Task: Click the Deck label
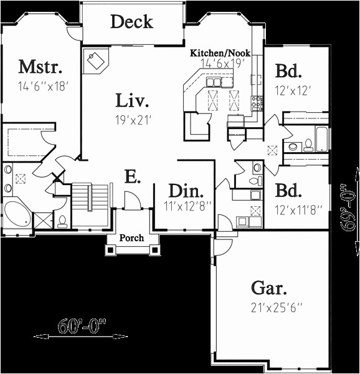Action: click(131, 22)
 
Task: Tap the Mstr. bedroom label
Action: click(40, 65)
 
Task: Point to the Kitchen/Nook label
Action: click(220, 54)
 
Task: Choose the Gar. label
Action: click(269, 288)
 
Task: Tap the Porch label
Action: click(131, 237)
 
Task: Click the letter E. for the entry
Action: click(131, 178)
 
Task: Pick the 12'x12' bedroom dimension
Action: click(292, 90)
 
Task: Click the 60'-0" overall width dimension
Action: click(80, 325)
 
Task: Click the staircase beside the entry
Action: click(90, 204)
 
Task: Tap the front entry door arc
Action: click(133, 201)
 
